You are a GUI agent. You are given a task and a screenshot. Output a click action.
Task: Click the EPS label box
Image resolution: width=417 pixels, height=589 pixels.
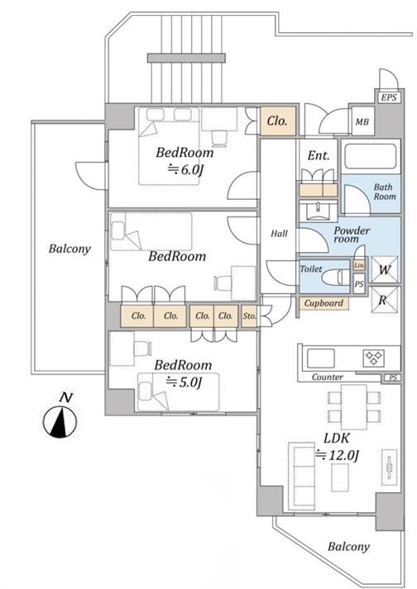click(389, 97)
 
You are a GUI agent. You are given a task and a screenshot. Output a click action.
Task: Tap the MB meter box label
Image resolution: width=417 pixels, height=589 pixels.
click(362, 121)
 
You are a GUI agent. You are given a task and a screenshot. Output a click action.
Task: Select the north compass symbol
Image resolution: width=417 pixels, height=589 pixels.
click(60, 417)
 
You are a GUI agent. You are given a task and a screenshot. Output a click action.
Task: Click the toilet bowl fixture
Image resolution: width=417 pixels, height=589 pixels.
click(337, 278)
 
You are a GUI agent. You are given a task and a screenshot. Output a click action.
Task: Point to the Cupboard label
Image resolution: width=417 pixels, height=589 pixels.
click(324, 303)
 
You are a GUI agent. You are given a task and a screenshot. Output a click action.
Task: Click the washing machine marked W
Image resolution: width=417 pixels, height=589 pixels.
click(384, 269)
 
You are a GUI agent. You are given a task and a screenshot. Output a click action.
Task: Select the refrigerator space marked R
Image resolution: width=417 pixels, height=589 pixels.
click(384, 300)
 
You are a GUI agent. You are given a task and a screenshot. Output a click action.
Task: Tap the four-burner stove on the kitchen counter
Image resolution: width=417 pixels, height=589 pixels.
click(374, 359)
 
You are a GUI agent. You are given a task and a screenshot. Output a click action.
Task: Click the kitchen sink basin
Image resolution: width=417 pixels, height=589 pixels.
click(321, 359)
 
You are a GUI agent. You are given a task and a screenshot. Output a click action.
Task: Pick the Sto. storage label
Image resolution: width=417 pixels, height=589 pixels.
click(249, 316)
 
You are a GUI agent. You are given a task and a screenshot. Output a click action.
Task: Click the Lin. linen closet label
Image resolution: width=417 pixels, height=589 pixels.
click(359, 265)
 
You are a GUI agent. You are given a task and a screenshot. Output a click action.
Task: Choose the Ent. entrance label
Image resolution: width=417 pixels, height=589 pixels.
click(319, 155)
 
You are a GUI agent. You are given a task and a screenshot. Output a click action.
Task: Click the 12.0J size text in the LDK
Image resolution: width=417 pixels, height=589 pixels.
click(338, 455)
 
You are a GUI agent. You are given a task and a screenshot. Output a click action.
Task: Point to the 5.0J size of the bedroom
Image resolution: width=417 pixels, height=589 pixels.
click(185, 382)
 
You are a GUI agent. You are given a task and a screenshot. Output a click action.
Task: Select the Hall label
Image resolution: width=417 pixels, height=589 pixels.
click(280, 234)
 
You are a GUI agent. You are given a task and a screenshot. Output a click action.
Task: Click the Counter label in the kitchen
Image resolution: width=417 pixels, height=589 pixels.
click(328, 377)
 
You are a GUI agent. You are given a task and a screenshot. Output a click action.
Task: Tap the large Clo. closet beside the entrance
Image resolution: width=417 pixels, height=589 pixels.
click(278, 121)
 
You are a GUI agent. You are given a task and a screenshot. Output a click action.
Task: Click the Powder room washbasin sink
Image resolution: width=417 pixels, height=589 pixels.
click(319, 211)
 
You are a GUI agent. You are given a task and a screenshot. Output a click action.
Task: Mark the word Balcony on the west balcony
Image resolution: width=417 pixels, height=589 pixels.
click(69, 249)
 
